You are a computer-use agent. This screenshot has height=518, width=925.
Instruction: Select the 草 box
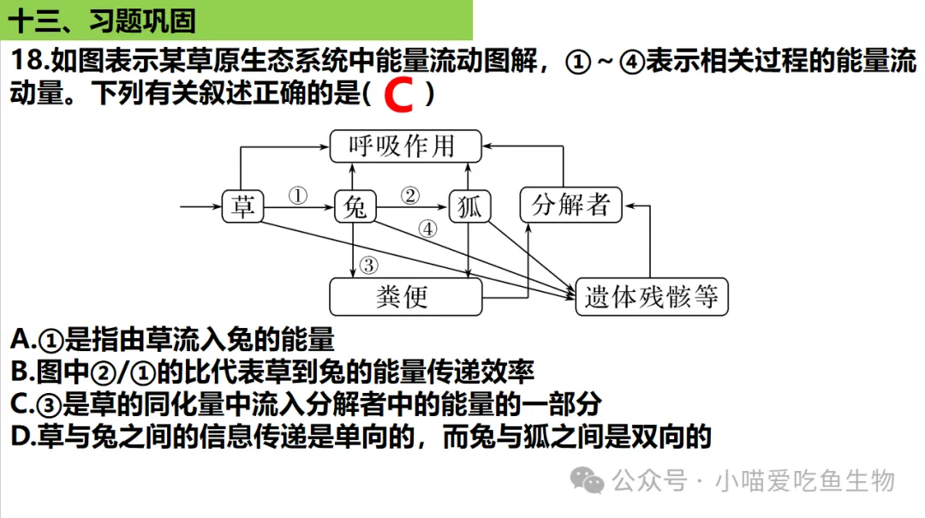243,206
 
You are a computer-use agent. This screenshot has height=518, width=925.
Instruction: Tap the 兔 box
354,206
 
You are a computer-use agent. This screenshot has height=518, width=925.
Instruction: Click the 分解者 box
570,205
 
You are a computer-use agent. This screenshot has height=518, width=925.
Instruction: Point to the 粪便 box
405,296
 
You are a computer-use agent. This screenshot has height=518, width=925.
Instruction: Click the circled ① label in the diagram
297,194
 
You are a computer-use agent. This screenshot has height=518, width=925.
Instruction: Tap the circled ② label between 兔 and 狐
411,194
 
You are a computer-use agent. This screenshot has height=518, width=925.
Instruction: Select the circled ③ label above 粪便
368,265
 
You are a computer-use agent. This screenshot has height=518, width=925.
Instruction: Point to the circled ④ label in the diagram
428,229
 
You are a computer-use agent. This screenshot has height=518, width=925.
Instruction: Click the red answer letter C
399,94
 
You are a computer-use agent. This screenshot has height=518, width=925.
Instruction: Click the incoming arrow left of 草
200,206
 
